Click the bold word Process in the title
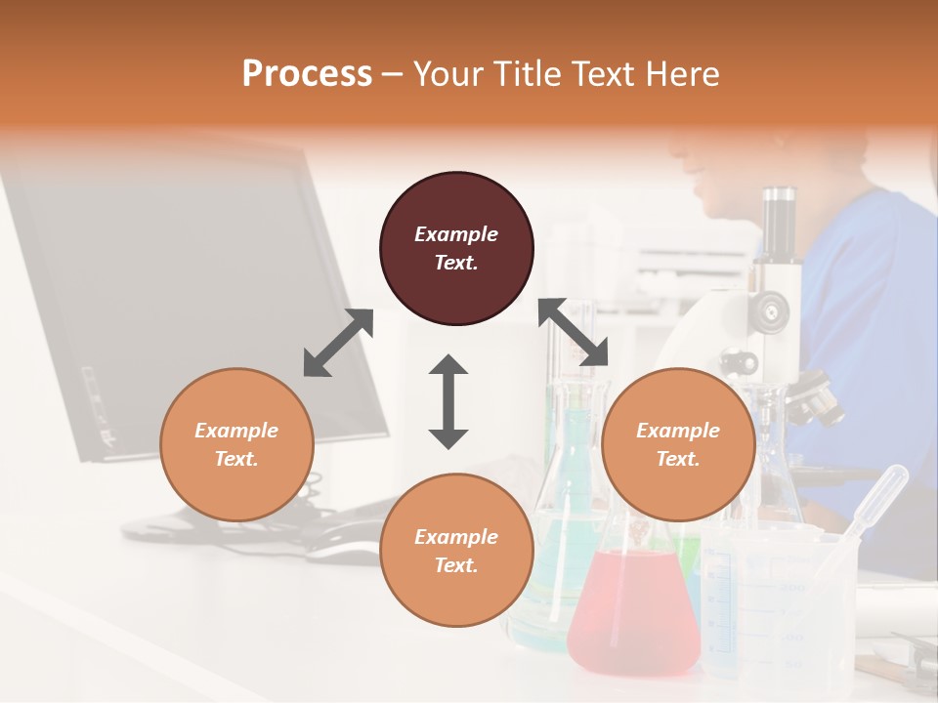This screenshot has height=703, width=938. tap(307, 74)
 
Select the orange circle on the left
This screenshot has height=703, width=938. tap(236, 444)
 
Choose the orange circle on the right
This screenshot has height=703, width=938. tap(677, 444)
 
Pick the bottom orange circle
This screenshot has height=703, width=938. tap(456, 550)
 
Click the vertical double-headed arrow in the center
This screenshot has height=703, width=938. tap(448, 401)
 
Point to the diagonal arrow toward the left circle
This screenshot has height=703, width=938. tap(338, 343)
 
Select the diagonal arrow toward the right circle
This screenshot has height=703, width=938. tap(574, 332)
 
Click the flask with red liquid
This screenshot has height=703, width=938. tap(633, 610)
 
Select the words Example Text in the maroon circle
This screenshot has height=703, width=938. tap(456, 248)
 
